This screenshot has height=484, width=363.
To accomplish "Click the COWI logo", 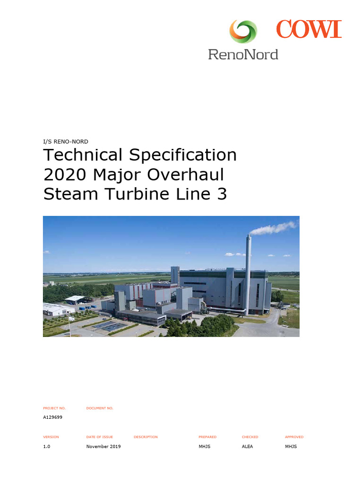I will click(309, 29).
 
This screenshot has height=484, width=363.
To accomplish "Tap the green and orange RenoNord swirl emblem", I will click(243, 32).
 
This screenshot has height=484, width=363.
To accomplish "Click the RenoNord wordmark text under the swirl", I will click(243, 54).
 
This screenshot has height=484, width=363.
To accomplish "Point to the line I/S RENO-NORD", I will click(66, 141).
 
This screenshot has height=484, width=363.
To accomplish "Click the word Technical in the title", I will click(83, 155).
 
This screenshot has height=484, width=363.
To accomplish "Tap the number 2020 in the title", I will click(65, 175).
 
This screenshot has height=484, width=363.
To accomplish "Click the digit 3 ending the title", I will click(222, 194).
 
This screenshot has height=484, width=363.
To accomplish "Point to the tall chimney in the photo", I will click(247, 274).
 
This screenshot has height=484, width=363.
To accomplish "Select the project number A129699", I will click(53, 417).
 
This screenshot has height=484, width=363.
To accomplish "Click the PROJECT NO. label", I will click(54, 408).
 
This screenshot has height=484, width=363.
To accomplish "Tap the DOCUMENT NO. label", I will click(100, 408).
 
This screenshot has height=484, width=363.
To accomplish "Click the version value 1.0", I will click(47, 447).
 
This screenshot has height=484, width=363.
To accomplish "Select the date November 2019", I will click(104, 447).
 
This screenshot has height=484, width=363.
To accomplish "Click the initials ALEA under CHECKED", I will click(247, 447).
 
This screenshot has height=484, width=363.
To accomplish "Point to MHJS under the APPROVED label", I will click(291, 447).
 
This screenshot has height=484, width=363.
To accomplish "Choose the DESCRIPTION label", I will click(146, 437).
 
